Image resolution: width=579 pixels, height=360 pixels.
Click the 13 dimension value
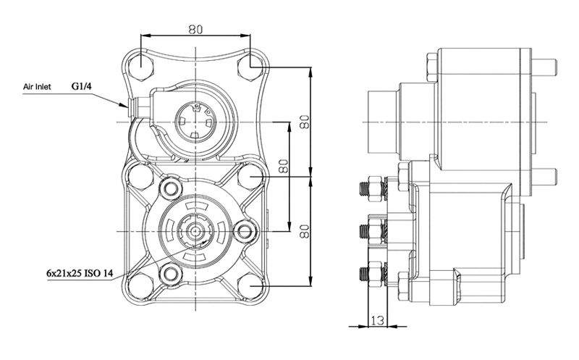[x=377, y=320]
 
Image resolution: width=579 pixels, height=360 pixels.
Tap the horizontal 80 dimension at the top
[x=195, y=30]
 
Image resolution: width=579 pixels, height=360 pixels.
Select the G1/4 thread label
[x=81, y=86]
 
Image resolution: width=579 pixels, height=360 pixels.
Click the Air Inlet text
[x=37, y=87]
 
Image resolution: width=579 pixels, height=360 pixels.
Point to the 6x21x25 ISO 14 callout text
[x=80, y=274]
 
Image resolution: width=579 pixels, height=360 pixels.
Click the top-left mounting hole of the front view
[x=141, y=67]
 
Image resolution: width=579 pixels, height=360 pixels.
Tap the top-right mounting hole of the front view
[x=250, y=67]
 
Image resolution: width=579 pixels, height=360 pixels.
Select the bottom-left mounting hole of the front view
[x=141, y=285]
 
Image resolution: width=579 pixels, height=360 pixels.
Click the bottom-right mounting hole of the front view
[x=250, y=285]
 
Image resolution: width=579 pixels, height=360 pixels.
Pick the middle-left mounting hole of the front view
[x=141, y=176]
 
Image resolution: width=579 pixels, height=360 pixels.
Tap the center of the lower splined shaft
[x=195, y=231]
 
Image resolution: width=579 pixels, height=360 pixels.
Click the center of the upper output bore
[x=195, y=121]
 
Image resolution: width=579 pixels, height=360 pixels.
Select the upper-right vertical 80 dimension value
[x=304, y=122]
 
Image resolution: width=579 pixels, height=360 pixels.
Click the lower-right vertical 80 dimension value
[x=304, y=231]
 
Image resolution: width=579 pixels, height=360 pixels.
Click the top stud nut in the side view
[x=376, y=189]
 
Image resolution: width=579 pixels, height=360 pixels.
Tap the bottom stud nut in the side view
[x=376, y=274]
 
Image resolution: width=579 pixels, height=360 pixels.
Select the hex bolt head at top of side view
[x=432, y=67]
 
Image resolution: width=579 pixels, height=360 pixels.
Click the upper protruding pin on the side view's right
[x=545, y=67]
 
